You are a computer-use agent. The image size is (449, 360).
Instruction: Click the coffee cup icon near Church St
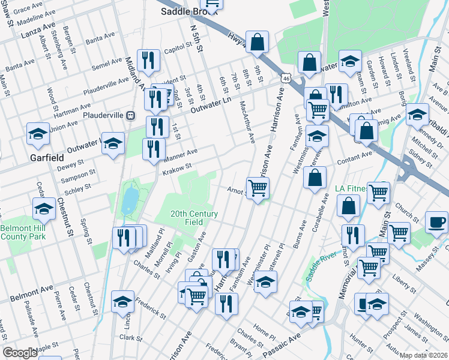click(436, 222)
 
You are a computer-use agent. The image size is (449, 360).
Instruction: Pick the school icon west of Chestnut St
click(43, 209)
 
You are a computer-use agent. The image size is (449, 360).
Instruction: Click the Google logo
click(20, 353)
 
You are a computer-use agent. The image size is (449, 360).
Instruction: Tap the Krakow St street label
click(176, 169)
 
